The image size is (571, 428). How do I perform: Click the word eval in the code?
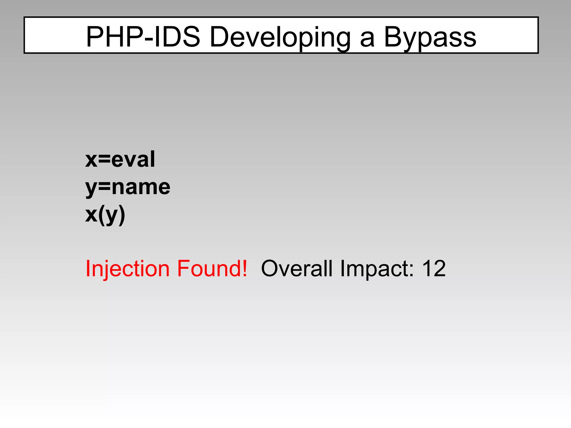pyautogui.click(x=133, y=159)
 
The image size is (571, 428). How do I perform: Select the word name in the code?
pyautogui.click(x=141, y=187)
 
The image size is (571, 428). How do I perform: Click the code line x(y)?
pyautogui.click(x=105, y=215)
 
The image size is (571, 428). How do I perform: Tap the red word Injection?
pyautogui.click(x=127, y=269)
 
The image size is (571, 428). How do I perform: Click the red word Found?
pyautogui.click(x=212, y=269)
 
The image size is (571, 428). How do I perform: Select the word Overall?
pyautogui.click(x=297, y=269)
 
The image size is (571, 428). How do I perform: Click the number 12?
pyautogui.click(x=434, y=269)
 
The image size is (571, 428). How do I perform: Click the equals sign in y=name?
pyautogui.click(x=105, y=187)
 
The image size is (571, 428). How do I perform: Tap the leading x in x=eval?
pyautogui.click(x=91, y=160)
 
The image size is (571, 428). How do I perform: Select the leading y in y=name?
pyautogui.click(x=91, y=188)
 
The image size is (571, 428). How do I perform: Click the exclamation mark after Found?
pyautogui.click(x=245, y=268)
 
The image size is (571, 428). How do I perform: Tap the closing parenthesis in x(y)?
pyautogui.click(x=122, y=215)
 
